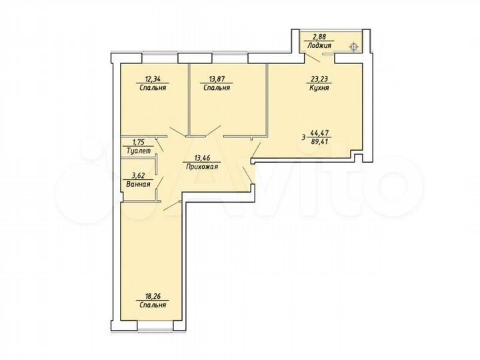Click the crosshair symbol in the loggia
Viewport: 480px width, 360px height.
353,46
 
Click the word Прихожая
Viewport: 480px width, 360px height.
201,168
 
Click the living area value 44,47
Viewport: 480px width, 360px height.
320,134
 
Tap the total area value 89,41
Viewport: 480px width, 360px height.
320,142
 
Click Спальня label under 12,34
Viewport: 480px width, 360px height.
153,87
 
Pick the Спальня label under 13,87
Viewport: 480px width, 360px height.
217,87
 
